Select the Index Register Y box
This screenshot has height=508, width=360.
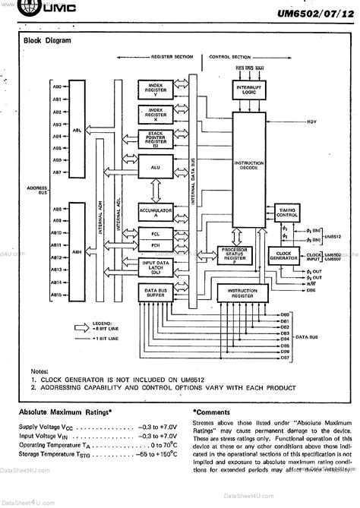(156, 90)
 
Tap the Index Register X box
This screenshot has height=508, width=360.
(156, 115)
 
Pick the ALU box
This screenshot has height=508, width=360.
(156, 165)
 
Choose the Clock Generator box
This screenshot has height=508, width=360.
(284, 256)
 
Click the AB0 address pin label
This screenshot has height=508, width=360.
(57, 87)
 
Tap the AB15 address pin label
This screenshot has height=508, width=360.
(57, 294)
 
